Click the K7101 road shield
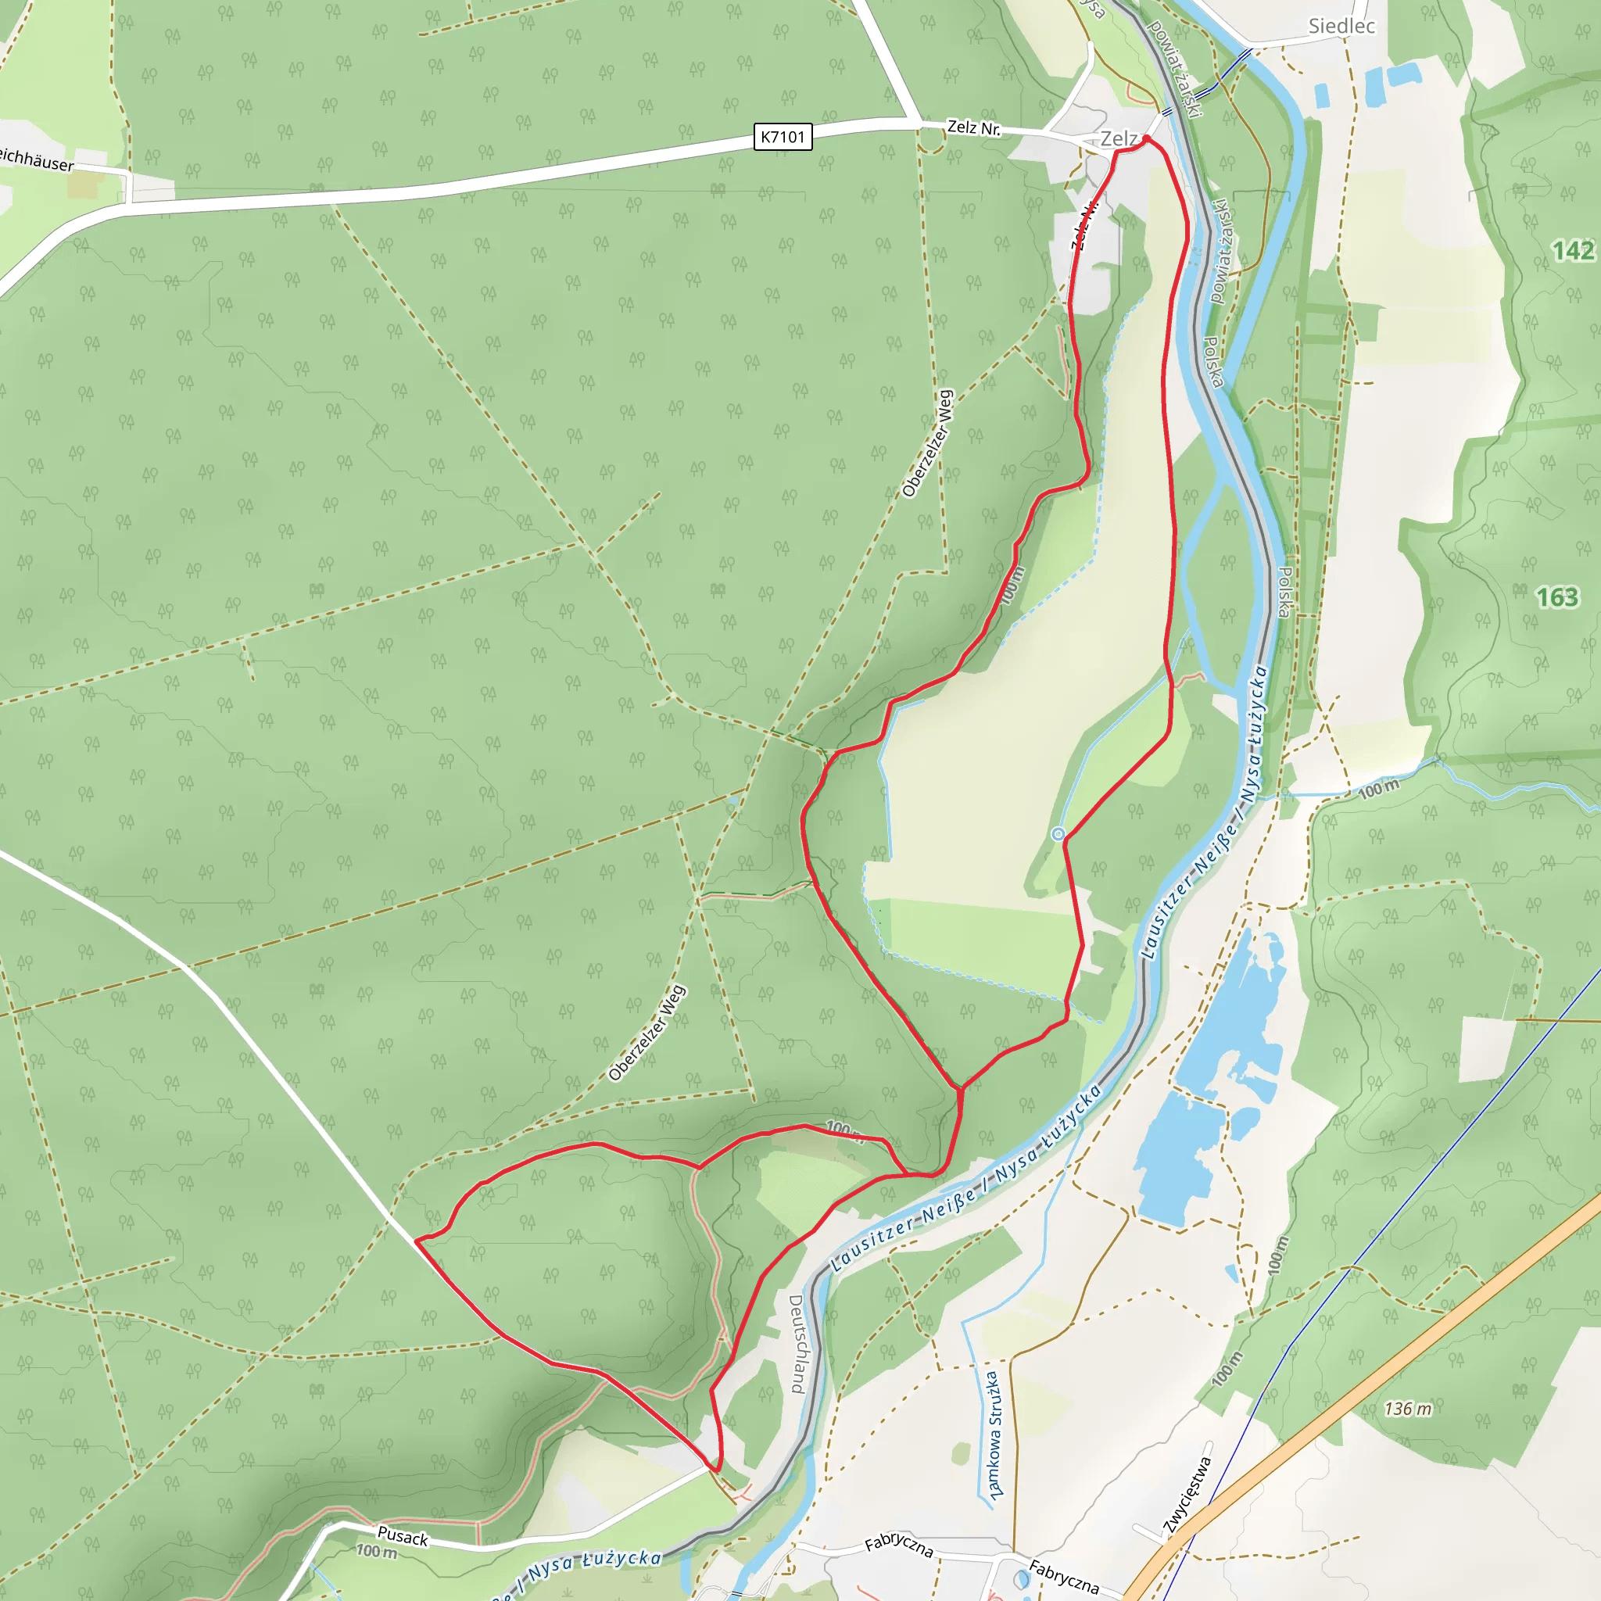[783, 137]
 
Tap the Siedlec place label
[1341, 26]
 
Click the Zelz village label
[1119, 139]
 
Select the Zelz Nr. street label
[974, 128]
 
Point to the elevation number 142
[1573, 250]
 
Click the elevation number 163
[1557, 597]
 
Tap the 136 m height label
[1407, 1409]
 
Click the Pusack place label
[403, 1536]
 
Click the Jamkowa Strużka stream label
[993, 1434]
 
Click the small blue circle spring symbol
[1058, 834]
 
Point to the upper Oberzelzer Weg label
[927, 444]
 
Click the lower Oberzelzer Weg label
[647, 1033]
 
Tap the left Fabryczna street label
[898, 1545]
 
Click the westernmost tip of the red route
[415, 1241]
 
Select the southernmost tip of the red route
[717, 1472]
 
